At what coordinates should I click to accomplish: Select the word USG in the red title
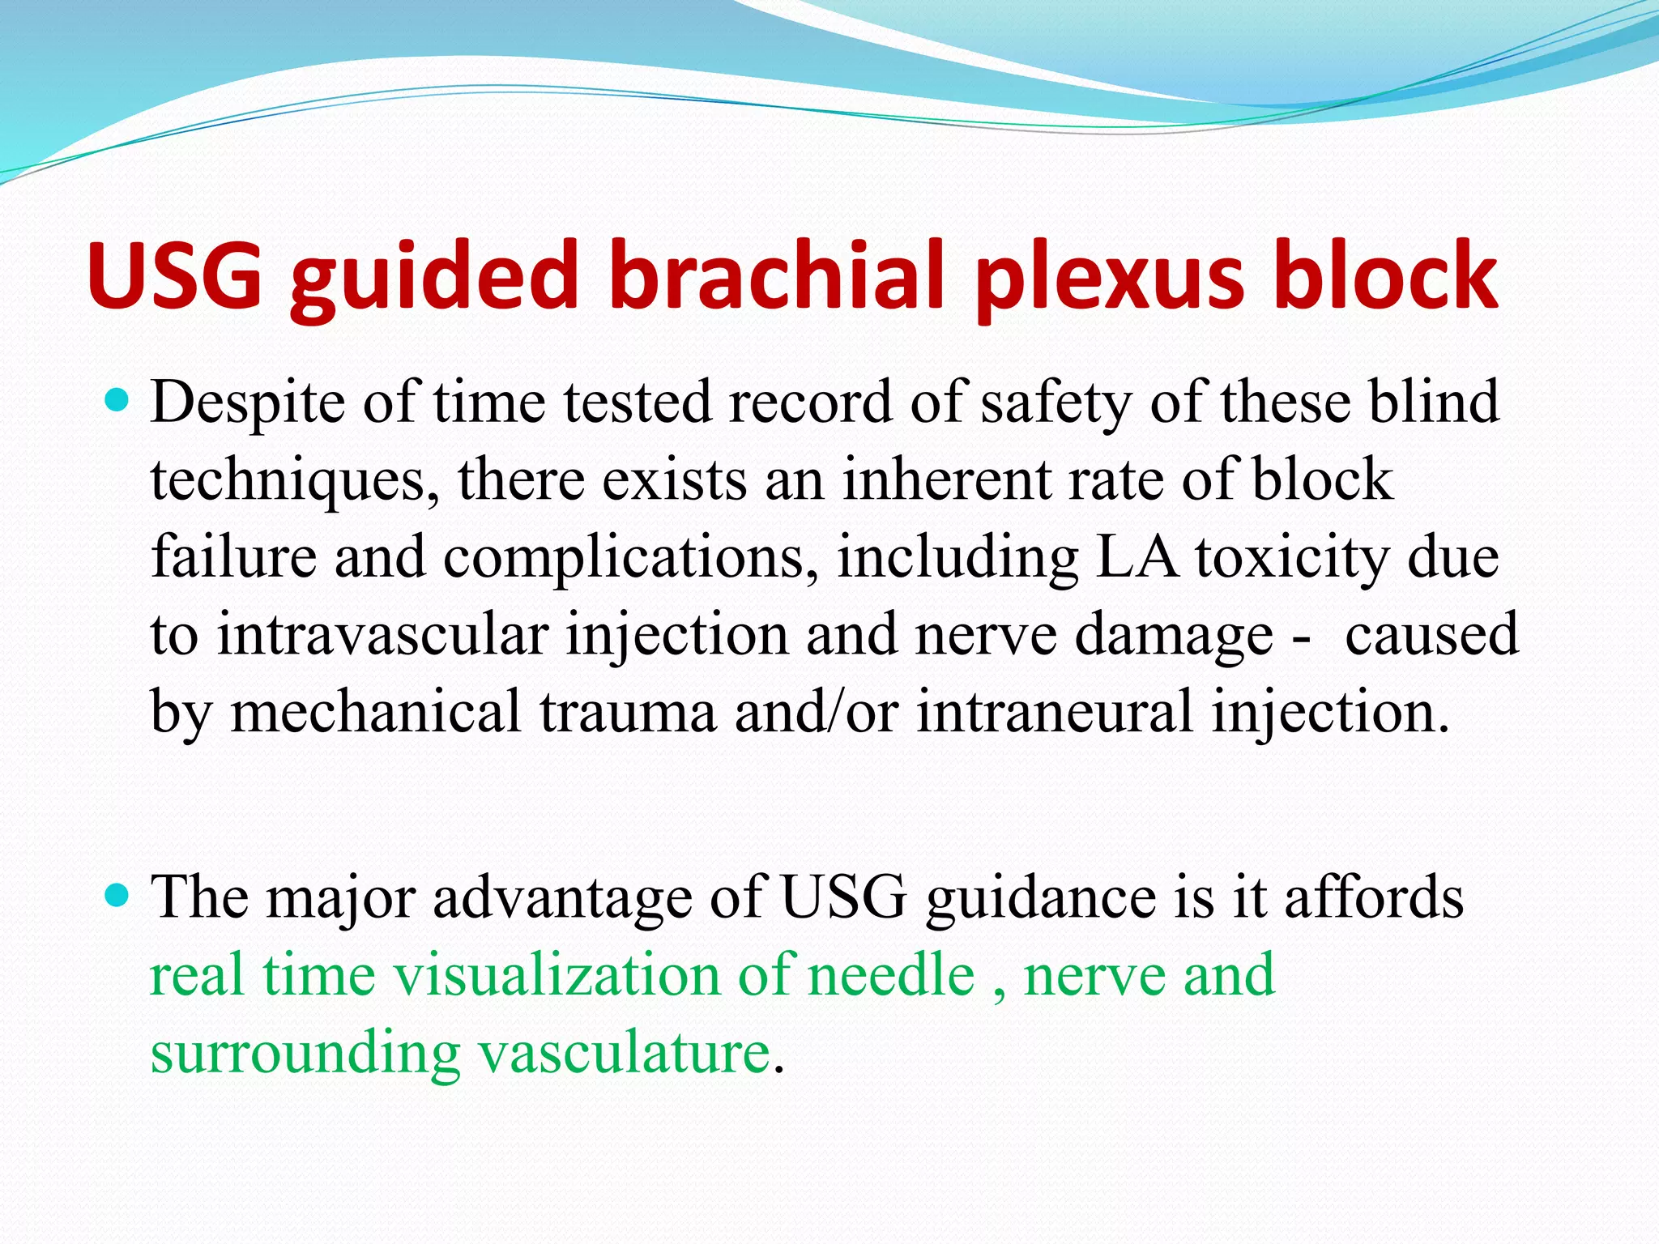[175, 275]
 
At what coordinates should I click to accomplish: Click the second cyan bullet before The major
[118, 895]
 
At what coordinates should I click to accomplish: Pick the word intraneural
[1054, 712]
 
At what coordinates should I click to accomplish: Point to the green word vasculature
[623, 1053]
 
